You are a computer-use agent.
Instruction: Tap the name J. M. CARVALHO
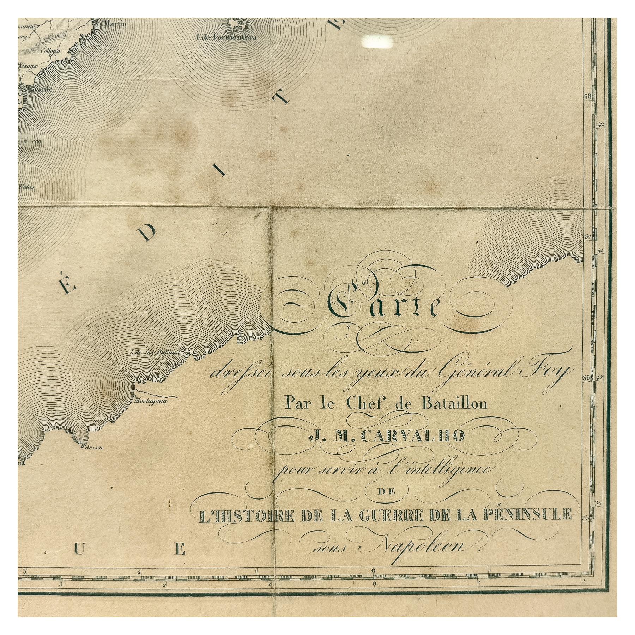(385, 436)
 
